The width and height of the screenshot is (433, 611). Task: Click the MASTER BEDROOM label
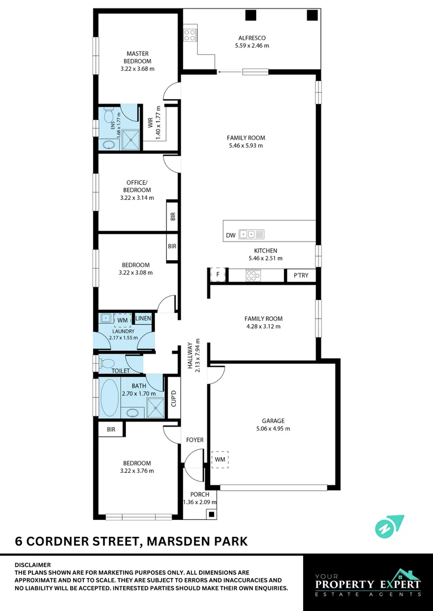(x=137, y=57)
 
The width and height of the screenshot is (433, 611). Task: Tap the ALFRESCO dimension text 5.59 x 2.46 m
(x=252, y=45)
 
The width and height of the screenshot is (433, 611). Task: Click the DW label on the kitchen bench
(x=230, y=235)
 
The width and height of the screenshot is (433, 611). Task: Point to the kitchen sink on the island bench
(x=251, y=234)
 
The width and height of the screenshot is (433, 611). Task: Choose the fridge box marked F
(x=218, y=275)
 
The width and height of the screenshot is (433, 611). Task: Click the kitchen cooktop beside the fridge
(x=252, y=275)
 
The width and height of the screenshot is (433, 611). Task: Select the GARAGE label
(x=273, y=420)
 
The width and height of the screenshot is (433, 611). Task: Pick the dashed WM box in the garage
(x=219, y=459)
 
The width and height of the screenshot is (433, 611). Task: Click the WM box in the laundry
(x=123, y=320)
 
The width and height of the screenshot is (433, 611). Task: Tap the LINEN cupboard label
(x=143, y=319)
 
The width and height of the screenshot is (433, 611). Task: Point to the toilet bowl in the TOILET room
(x=108, y=362)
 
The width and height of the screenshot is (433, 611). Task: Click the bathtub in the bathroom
(x=110, y=398)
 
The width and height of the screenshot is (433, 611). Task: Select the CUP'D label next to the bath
(x=174, y=399)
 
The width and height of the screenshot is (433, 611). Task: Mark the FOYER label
(x=194, y=440)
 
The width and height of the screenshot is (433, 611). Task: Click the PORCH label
(x=199, y=494)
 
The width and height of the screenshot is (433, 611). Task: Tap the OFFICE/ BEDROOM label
(x=137, y=186)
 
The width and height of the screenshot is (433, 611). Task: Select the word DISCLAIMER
(x=32, y=565)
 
